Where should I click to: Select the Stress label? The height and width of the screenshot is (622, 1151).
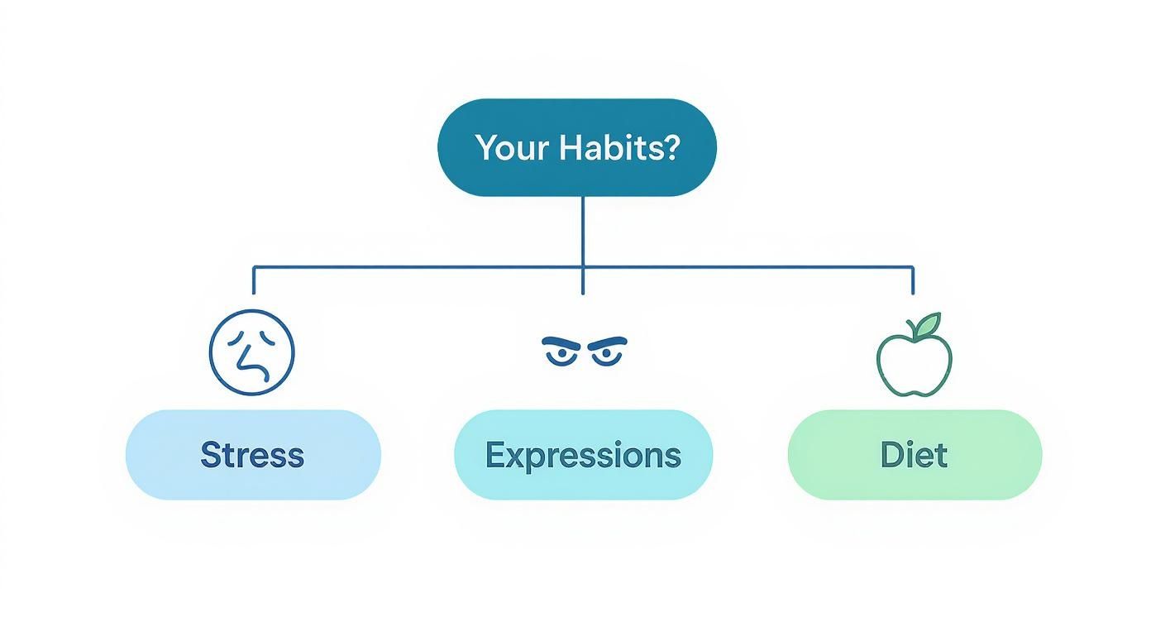pyautogui.click(x=252, y=455)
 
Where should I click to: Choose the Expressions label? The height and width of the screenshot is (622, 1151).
pyautogui.click(x=583, y=455)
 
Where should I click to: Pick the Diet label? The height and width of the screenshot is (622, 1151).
pyautogui.click(x=914, y=455)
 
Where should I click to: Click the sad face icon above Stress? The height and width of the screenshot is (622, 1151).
pyautogui.click(x=252, y=352)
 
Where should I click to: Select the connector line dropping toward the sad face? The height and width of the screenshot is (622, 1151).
pyautogui.click(x=253, y=281)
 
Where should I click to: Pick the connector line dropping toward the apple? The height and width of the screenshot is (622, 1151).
pyautogui.click(x=913, y=281)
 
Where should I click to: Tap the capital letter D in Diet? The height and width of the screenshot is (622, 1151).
pyautogui.click(x=891, y=455)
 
